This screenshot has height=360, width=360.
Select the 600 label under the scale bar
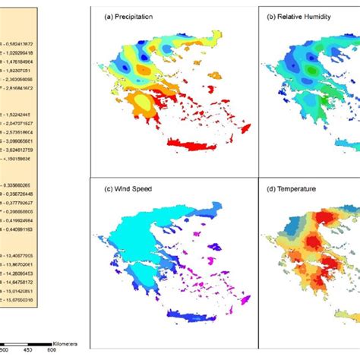(52, 350)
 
